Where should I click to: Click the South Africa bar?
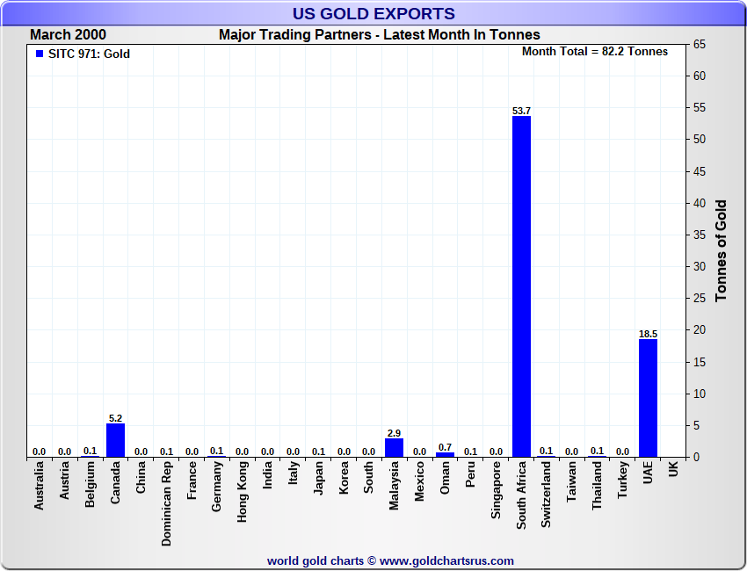point(521,286)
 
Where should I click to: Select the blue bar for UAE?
point(648,398)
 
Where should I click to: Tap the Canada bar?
point(115,440)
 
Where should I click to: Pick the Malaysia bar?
point(394,447)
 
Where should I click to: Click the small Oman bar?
point(445,454)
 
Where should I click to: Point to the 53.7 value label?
point(521,111)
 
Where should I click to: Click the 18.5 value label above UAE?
point(648,334)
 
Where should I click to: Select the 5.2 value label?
point(115,418)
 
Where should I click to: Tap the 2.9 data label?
point(394,433)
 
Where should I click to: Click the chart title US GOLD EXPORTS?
point(373,13)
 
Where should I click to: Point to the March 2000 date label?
point(68,35)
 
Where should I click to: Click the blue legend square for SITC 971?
point(39,54)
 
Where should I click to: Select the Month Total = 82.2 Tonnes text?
point(594,51)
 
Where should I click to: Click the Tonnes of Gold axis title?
point(722,251)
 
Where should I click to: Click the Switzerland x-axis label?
point(547,495)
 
